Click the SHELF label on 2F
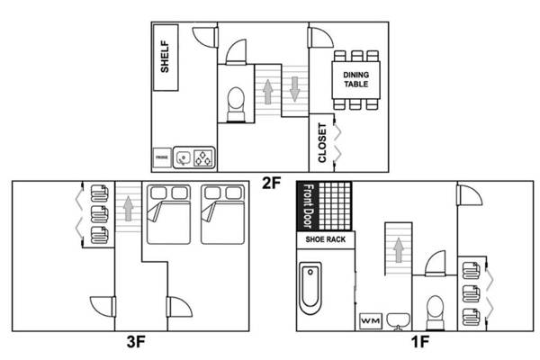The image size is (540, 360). pos(165,57)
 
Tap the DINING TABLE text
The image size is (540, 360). pos(356,79)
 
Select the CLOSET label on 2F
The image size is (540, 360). pos(322,142)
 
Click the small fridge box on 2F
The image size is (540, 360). pos(162,157)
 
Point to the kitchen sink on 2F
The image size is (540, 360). pos(184,157)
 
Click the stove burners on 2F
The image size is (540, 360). pos(202,157)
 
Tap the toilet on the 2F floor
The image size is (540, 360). pos(236,104)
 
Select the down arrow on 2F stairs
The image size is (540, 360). pos(295,89)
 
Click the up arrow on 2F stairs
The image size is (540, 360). pos(268,92)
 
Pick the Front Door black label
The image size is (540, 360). pos(308,206)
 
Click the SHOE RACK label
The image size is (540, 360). pos(326,239)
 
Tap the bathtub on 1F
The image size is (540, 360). pos(310,288)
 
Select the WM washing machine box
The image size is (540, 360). pos(371,321)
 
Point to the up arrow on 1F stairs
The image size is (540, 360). pos(399,250)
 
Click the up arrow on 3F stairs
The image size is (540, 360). pos(129,209)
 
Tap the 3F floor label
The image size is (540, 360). pos(136,342)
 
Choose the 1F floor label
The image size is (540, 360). pos(419,342)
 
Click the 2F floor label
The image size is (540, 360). pos(272,183)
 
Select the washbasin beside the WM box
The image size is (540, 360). pos(399,321)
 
